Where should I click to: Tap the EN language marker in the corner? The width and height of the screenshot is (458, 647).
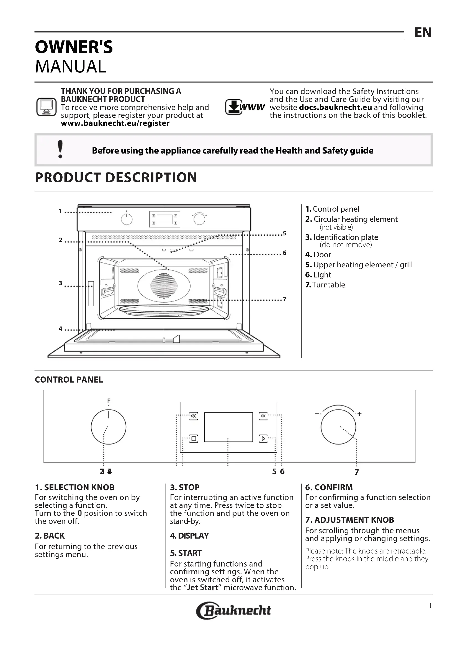pos(423,33)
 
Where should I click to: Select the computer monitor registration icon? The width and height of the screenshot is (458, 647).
pos(46,107)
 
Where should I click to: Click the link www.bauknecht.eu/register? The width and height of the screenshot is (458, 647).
pos(115,123)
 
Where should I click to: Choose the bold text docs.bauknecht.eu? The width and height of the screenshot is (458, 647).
pos(331,107)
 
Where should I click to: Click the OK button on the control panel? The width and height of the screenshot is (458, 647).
pos(263,416)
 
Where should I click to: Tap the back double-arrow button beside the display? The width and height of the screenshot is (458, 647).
pos(194,416)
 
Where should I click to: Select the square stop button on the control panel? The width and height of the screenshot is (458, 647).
pos(194,438)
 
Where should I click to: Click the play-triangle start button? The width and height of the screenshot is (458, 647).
pos(263,438)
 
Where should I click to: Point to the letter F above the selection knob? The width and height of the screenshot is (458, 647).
pos(109,401)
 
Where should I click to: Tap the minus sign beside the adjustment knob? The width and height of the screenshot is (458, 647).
pos(317,414)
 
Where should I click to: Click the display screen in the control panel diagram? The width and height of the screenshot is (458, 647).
pos(228,427)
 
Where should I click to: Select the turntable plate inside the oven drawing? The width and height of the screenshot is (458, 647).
pos(164,310)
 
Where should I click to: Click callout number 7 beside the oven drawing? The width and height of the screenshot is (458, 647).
pos(284,299)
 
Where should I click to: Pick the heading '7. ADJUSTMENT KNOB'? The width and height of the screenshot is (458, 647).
pos(349,520)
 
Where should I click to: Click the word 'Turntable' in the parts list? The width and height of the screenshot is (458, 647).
pos(329,285)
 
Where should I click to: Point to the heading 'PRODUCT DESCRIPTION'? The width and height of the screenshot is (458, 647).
pos(116,178)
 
